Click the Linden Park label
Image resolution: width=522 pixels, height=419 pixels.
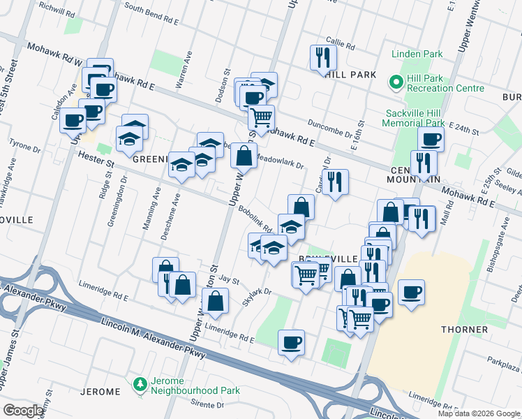pos(417,54)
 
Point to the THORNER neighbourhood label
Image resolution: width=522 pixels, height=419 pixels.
pos(463,329)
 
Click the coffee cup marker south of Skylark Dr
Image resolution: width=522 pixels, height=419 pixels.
pos(291,343)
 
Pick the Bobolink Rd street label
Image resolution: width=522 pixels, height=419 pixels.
pos(255,219)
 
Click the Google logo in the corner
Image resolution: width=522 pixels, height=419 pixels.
pos(23,411)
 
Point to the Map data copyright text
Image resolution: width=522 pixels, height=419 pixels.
pos(479,413)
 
